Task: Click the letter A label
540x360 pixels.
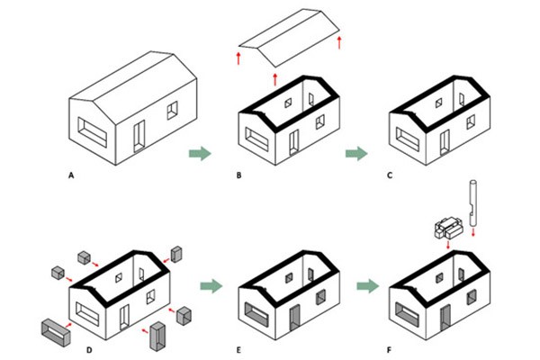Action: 71,175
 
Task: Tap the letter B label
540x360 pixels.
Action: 239,175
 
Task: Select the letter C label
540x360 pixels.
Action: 390,175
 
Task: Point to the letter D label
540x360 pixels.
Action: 89,350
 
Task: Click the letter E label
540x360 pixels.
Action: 238,350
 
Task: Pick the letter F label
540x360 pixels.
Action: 389,350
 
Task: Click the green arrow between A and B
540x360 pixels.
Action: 200,153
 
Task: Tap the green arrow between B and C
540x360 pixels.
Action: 356,153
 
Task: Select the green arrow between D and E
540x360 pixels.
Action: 211,286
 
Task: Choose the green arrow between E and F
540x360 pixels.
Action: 368,286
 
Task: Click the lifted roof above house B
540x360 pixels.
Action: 289,38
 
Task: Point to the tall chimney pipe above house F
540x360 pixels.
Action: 472,202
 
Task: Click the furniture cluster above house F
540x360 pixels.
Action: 448,228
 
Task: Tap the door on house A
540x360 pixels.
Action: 139,136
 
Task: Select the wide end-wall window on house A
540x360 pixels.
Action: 93,132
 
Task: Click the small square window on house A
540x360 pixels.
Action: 173,110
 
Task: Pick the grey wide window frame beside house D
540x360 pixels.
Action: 56,332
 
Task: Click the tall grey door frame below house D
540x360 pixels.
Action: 157,337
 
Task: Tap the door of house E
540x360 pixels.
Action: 295,318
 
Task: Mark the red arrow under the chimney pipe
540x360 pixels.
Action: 473,231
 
